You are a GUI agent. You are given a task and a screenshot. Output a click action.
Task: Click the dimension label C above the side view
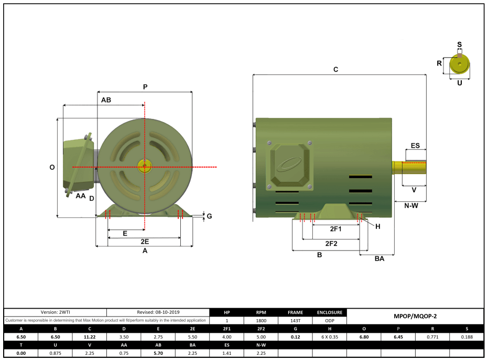click(336, 69)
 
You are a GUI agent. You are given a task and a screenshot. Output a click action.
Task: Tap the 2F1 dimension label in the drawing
click(335, 229)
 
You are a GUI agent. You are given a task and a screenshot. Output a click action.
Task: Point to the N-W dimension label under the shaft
click(411, 205)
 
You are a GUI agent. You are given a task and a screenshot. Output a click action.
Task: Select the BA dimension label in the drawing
click(379, 258)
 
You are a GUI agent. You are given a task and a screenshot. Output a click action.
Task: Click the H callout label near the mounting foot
click(377, 226)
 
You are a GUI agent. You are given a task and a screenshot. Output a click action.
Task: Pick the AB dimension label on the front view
click(105, 100)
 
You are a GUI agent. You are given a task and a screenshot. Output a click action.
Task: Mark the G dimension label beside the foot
click(209, 216)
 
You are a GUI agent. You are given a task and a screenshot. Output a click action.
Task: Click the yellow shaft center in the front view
click(144, 167)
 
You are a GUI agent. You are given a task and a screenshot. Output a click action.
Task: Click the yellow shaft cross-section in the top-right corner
click(460, 65)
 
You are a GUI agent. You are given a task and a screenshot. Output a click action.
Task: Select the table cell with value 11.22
click(89, 336)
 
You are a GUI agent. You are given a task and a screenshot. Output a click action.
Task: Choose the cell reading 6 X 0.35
click(330, 336)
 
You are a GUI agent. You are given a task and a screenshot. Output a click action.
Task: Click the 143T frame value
click(296, 320)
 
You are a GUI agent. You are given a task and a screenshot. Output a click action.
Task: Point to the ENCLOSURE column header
click(330, 312)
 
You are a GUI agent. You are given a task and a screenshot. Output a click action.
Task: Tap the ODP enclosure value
click(330, 320)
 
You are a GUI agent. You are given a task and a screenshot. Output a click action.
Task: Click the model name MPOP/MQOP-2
click(415, 317)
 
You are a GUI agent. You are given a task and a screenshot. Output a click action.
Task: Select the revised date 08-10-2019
click(158, 312)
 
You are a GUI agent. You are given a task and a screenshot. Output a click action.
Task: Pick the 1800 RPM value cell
click(261, 320)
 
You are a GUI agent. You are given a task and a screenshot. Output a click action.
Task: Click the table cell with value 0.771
click(432, 336)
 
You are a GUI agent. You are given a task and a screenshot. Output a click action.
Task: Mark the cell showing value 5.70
click(158, 353)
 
